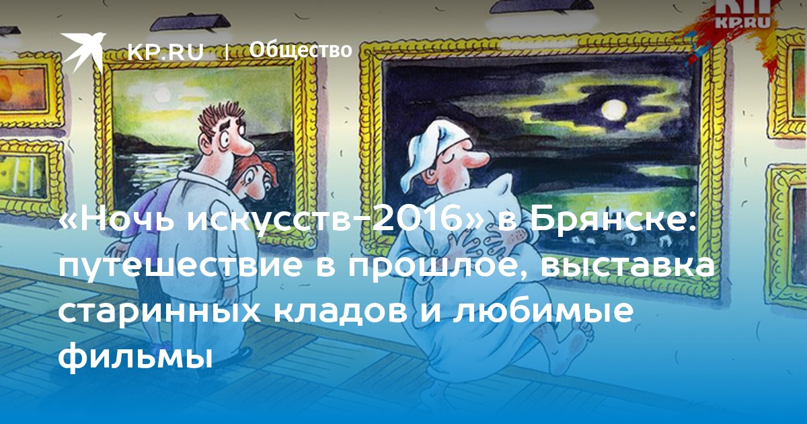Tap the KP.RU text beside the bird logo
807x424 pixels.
tap(165, 52)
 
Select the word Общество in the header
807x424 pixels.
tap(301, 50)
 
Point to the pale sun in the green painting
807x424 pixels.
tap(162, 94)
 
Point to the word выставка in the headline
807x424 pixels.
tap(627, 265)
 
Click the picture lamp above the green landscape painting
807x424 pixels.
tap(190, 22)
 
